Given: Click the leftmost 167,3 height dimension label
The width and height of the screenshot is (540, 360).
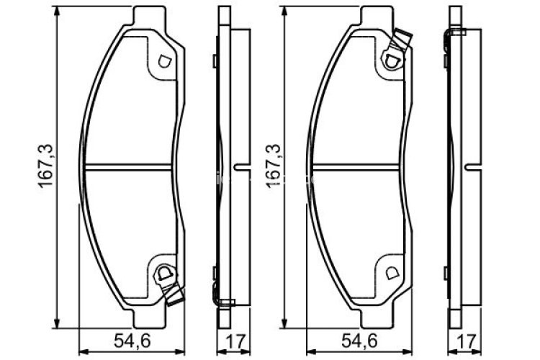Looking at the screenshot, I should coord(45,166).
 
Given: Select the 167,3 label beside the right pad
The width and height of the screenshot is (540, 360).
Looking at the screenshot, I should coord(274,166).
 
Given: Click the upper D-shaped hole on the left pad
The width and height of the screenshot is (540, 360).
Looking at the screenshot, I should coord(165,61).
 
